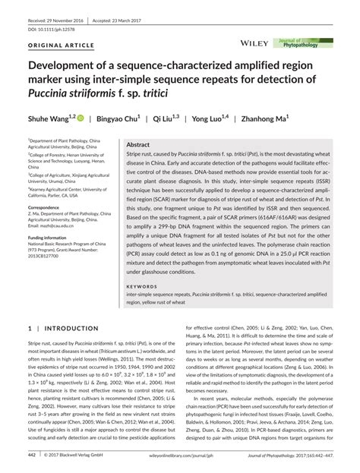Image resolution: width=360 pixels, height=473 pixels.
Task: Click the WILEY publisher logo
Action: (253, 44)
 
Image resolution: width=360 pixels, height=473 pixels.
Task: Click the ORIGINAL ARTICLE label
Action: (55, 46)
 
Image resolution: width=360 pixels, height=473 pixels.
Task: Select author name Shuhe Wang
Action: (49, 120)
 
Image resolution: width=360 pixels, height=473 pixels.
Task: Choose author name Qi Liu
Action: (165, 120)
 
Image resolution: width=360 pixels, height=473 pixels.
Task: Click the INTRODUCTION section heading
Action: (67, 329)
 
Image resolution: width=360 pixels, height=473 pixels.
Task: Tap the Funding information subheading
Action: (50, 238)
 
